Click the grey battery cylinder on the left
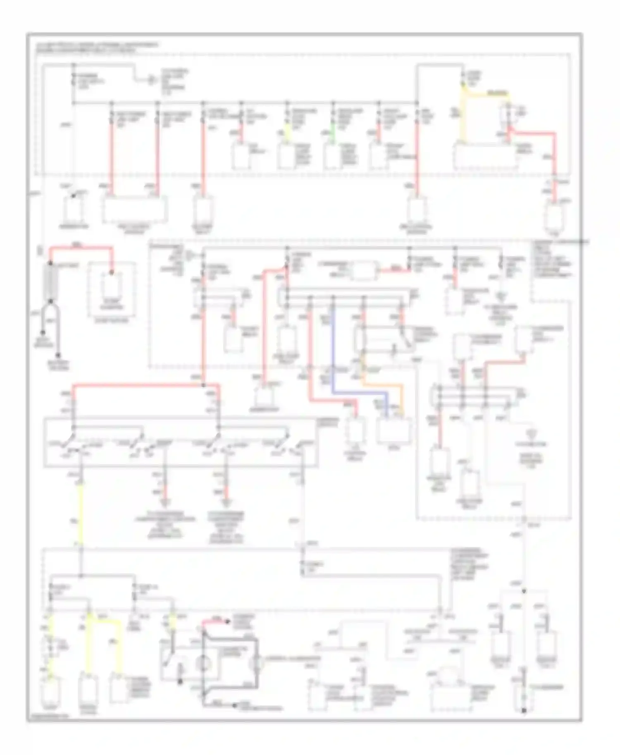tap(52, 280)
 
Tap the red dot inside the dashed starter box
tap(111, 272)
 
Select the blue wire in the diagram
tap(333, 351)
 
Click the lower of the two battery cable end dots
tap(58, 355)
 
